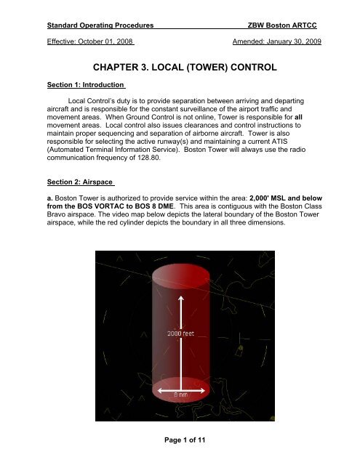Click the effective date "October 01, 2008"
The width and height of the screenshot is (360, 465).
pos(104,41)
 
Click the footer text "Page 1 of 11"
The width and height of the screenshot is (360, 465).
pos(180,451)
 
